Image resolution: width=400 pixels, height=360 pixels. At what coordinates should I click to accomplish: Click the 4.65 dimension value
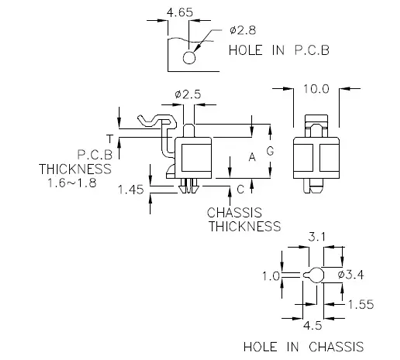(x=180, y=13)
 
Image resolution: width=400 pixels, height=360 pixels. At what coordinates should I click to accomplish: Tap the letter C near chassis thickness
(x=239, y=188)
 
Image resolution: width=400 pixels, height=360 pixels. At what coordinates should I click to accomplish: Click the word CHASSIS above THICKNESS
(x=240, y=213)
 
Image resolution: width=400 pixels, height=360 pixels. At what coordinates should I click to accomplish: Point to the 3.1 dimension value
(x=314, y=237)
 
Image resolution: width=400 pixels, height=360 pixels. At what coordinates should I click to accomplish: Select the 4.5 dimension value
(x=312, y=323)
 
